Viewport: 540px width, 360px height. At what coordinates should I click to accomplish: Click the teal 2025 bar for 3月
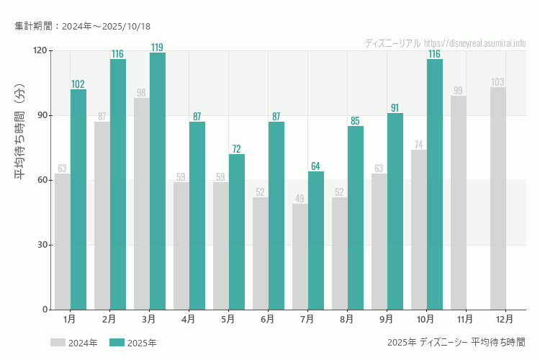(158, 181)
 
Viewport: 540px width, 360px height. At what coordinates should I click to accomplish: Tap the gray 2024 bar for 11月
(458, 202)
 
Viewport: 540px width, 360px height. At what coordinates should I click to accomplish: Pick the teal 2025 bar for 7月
(316, 240)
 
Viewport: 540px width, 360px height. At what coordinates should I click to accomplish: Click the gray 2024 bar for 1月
(63, 241)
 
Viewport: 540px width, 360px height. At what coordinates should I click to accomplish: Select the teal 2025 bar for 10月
(435, 184)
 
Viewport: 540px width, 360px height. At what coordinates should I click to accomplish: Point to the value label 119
(157, 48)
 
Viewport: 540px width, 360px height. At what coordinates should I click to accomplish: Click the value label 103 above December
(498, 82)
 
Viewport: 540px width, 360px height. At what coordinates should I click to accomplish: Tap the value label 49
(300, 199)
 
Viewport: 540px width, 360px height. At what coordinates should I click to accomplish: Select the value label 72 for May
(236, 149)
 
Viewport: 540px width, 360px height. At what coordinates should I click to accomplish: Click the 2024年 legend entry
(74, 343)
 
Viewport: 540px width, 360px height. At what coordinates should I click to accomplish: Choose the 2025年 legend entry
(133, 343)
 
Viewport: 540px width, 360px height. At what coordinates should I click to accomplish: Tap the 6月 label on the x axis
(268, 318)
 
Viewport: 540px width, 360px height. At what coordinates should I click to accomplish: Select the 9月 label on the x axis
(387, 318)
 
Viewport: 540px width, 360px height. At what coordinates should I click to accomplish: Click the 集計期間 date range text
(82, 26)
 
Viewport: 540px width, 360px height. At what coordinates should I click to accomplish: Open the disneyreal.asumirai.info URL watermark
(474, 43)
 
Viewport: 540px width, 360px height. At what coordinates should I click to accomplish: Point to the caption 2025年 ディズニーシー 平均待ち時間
(456, 342)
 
